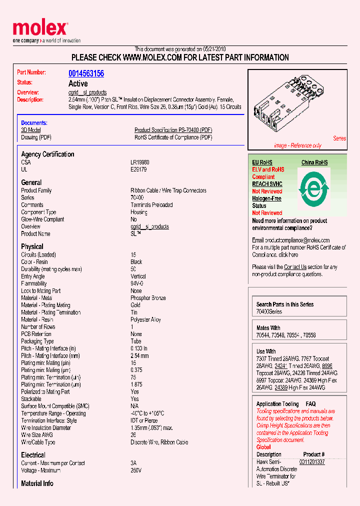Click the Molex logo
pos(40,29)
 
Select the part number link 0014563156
pos(86,73)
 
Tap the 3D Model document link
pos(30,130)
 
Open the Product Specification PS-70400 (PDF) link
pos(173,130)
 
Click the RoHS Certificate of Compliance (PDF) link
pos(173,137)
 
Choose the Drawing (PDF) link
pos(36,137)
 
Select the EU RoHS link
pos(262,162)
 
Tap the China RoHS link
pos(314,162)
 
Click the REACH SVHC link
pos(267,184)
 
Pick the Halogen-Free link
pos(266,198)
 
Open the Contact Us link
pos(295,267)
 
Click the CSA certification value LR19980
pos(139,162)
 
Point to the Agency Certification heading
pos(47,154)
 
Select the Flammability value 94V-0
pos(136,283)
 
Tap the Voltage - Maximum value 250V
pos(136,470)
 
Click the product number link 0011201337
pos(312,462)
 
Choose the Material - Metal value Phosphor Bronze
pos(148,298)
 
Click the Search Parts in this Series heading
pos(285,304)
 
